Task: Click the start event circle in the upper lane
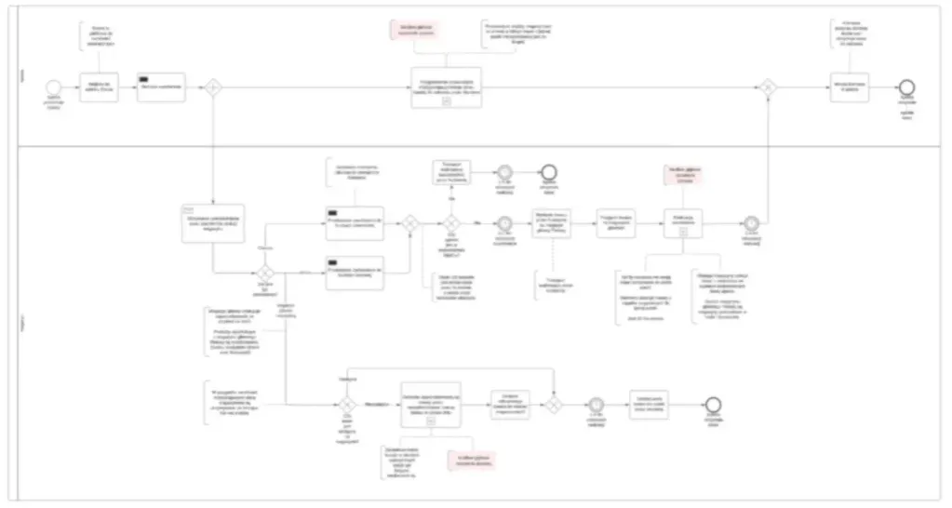click(53, 87)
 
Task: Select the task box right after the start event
click(99, 87)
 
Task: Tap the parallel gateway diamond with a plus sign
click(213, 87)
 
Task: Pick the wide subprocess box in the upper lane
click(447, 87)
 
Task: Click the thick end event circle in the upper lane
click(906, 87)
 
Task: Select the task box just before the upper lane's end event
click(850, 87)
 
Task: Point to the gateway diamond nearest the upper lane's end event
click(768, 87)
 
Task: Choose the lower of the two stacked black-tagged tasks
click(355, 272)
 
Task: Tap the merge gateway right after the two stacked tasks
click(409, 223)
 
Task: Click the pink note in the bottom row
click(472, 458)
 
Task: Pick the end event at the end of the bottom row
click(713, 405)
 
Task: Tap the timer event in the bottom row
click(596, 405)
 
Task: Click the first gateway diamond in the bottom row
click(346, 405)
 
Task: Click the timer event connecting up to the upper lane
click(751, 223)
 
